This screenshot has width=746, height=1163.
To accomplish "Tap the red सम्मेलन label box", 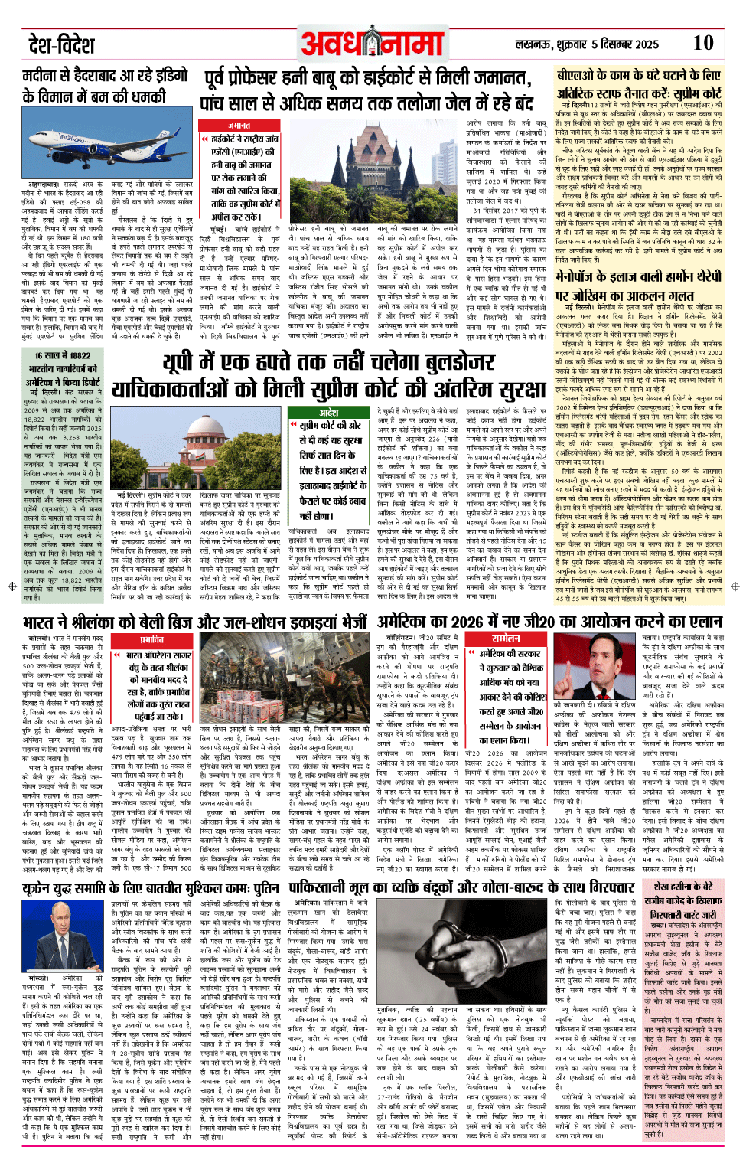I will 506,639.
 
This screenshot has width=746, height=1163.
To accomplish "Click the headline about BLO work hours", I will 639,84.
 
